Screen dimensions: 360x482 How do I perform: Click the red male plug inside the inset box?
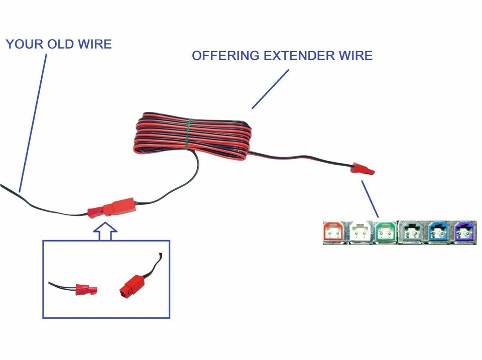[85, 290]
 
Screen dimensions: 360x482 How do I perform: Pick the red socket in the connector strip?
[334, 232]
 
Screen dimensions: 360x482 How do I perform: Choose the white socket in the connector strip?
[360, 232]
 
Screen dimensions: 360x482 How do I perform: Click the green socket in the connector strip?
[386, 232]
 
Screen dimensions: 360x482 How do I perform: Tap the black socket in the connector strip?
[413, 232]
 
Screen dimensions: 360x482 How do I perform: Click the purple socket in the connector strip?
[464, 232]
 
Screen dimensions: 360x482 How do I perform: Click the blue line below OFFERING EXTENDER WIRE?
[270, 89]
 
